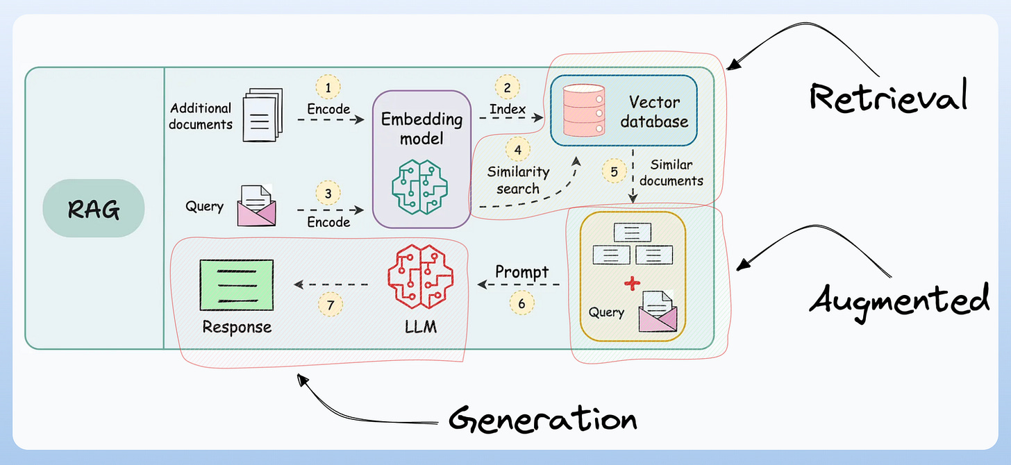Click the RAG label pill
pos(93,209)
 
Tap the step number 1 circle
pos(328,87)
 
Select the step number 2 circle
pos(508,87)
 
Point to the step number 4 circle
pos(517,149)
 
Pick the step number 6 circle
pos(521,303)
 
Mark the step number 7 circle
pos(331,303)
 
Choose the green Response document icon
pos(236,285)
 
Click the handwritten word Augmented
pos(899,301)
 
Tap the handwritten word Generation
pos(542,418)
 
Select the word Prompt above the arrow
pos(521,272)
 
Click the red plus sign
pos(631,283)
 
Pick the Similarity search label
pos(518,180)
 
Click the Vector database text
pos(654,112)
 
